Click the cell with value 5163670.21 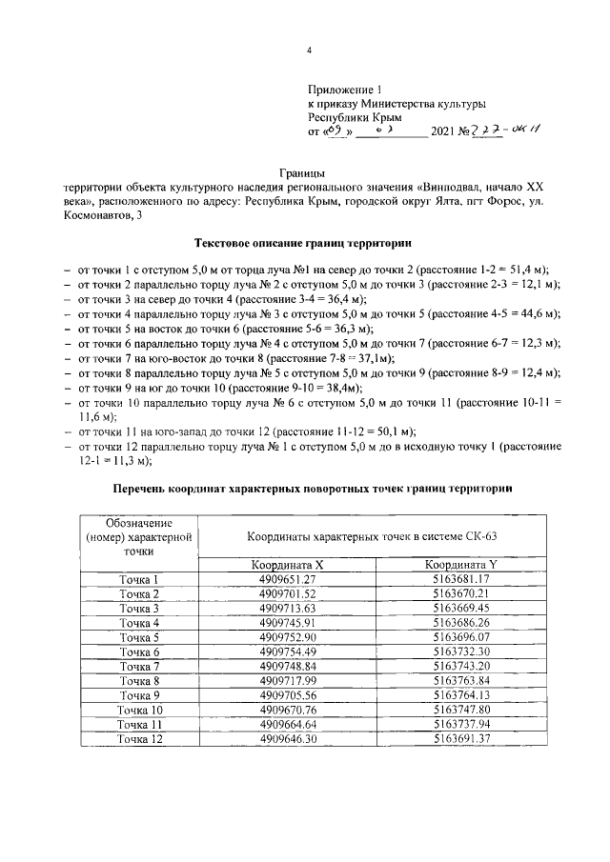pyautogui.click(x=460, y=593)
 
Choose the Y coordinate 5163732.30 pyautogui.click(x=460, y=652)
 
